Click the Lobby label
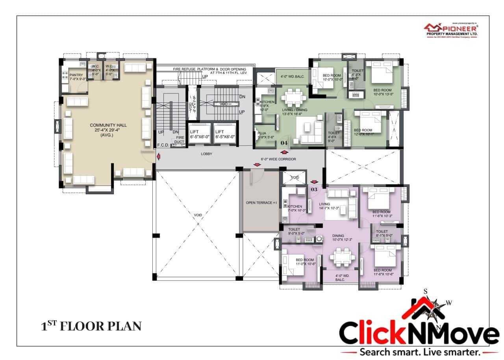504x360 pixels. [206, 154]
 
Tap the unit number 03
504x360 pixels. [314, 189]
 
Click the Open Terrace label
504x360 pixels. [261, 202]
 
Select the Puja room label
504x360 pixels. [263, 135]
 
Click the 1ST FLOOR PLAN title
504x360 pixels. [91, 326]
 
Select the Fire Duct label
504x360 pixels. [180, 139]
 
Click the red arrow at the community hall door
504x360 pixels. [159, 157]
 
